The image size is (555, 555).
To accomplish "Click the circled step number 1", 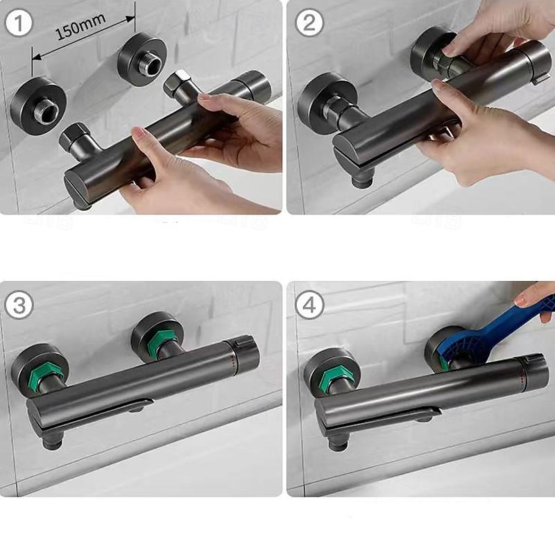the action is [19, 24].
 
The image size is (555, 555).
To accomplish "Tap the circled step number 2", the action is [309, 23].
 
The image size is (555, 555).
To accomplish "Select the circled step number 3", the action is [19, 305].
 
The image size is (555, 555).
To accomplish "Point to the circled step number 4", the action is [309, 305].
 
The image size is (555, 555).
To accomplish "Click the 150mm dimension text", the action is [80, 27].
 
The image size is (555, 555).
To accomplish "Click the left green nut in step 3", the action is [45, 376].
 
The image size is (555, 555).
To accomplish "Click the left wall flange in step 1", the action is [38, 105].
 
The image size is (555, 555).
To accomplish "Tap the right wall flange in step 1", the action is [142, 60].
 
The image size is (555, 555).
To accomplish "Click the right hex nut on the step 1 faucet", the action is [177, 84].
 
